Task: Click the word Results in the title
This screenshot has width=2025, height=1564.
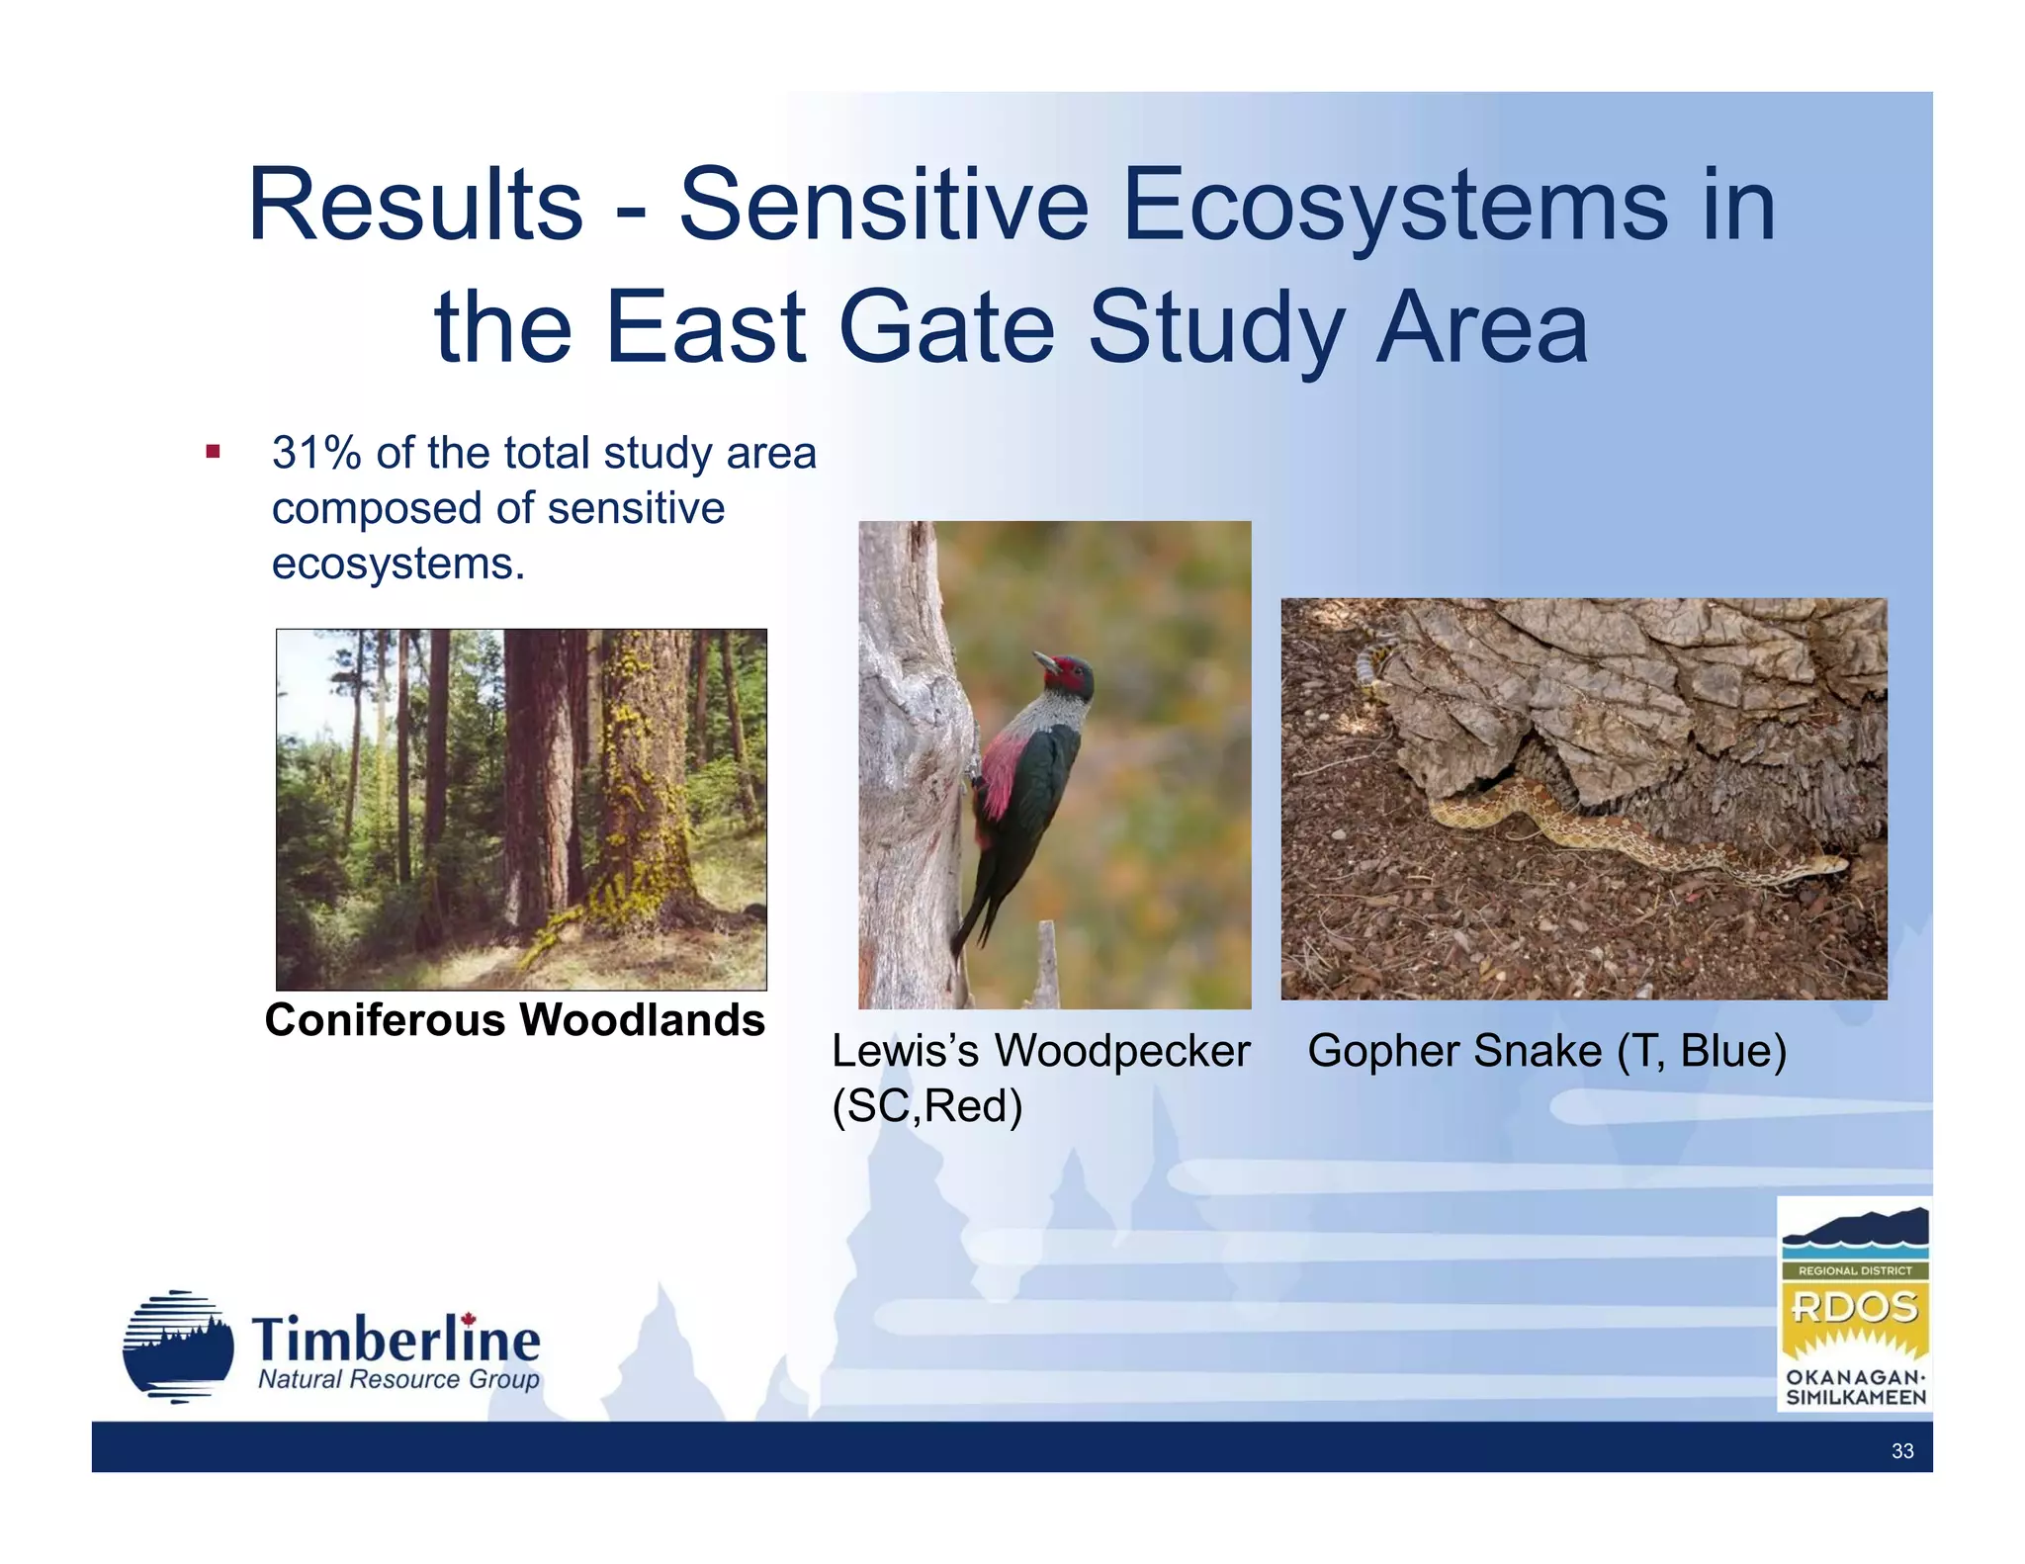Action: [x=415, y=206]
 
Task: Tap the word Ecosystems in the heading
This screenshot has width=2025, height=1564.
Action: [x=1394, y=206]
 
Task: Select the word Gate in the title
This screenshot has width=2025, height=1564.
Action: [x=947, y=328]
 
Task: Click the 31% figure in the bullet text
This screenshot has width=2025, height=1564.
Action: [x=316, y=453]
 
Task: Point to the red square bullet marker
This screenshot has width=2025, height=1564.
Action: [x=213, y=453]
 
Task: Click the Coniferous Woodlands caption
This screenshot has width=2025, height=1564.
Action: [x=515, y=1020]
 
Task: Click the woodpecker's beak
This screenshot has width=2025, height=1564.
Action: [x=1042, y=658]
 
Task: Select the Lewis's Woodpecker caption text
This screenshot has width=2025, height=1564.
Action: [x=1040, y=1051]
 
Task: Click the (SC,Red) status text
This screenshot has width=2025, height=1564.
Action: [x=926, y=1106]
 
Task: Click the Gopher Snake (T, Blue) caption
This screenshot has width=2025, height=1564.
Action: [x=1546, y=1051]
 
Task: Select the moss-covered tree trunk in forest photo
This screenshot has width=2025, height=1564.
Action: [x=643, y=781]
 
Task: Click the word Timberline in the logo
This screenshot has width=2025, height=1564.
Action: [x=396, y=1340]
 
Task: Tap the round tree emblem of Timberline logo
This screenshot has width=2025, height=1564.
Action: [x=178, y=1347]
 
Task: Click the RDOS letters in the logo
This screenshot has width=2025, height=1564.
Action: [x=1854, y=1307]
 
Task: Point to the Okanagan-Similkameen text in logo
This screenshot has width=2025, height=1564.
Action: [x=1855, y=1388]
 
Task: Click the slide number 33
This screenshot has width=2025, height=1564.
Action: [x=1901, y=1451]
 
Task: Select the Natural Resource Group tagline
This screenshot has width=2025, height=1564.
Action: [x=398, y=1380]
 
